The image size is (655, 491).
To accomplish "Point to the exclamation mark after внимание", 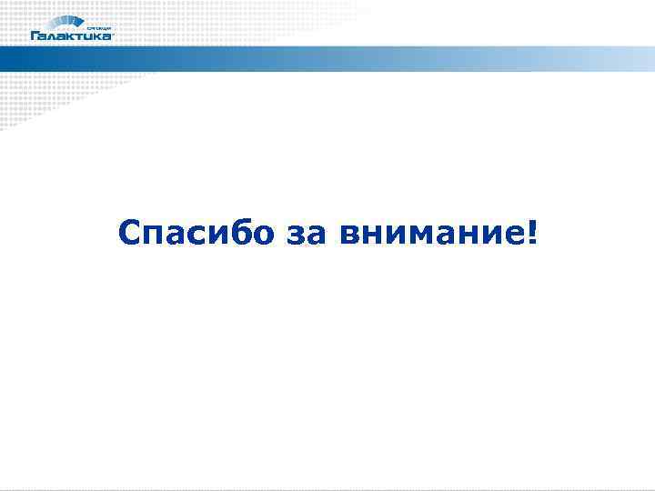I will coord(531,233).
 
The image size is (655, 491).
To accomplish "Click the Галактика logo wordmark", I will coord(72,36).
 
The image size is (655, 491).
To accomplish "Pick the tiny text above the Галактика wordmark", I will coord(98,27).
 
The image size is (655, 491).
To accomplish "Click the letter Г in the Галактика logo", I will coord(35,36).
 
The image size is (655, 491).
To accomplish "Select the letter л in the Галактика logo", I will coord(54,37).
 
